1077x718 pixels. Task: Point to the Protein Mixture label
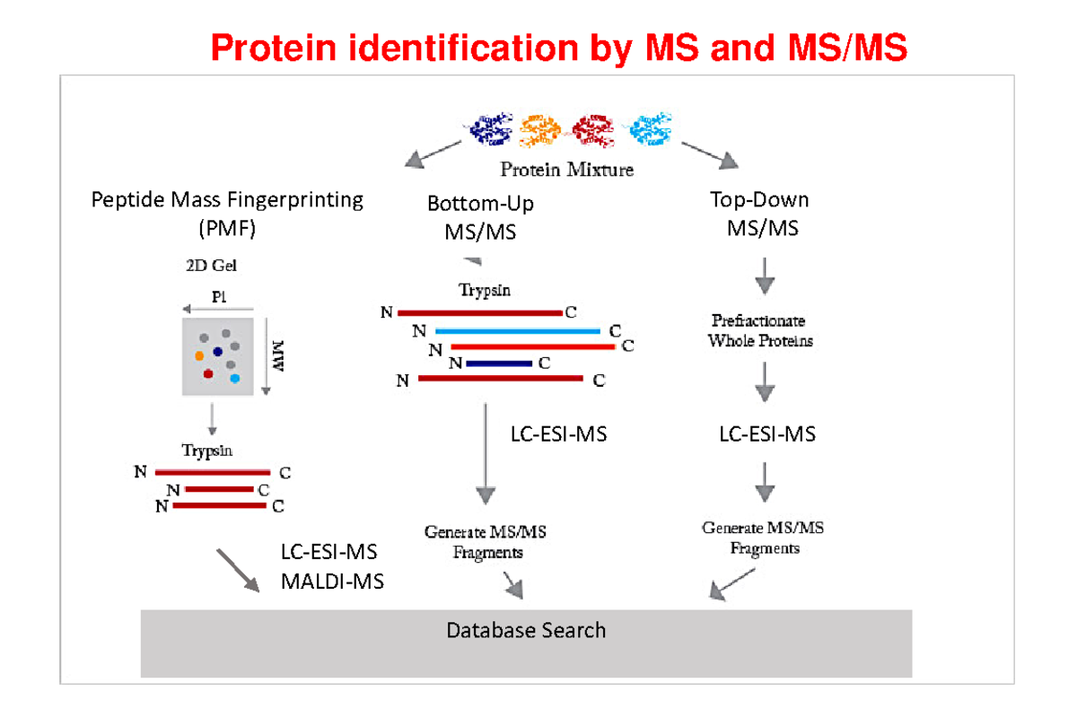[566, 169]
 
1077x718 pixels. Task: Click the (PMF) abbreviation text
[227, 228]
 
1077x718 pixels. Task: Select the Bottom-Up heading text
[480, 204]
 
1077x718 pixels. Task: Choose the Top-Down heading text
[759, 199]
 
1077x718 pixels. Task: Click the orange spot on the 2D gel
[199, 355]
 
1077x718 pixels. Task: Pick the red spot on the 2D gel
[208, 373]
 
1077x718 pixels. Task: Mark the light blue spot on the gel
[235, 379]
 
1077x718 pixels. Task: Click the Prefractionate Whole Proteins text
[759, 330]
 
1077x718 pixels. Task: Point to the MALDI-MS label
[332, 582]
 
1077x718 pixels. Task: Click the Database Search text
[526, 630]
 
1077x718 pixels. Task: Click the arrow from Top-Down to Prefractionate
[764, 276]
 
